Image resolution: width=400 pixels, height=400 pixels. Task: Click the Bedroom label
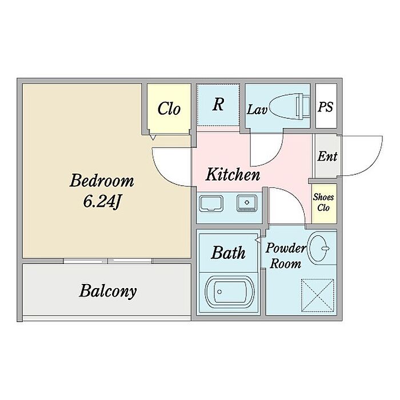click(102, 182)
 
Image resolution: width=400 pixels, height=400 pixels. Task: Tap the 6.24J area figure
click(102, 201)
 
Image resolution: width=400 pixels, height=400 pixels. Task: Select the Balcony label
click(108, 291)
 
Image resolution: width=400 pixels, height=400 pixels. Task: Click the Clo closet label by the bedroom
click(169, 109)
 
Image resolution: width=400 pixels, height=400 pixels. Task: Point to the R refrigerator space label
click(218, 105)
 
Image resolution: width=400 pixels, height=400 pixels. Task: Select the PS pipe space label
click(326, 107)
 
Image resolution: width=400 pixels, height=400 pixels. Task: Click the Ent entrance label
click(327, 156)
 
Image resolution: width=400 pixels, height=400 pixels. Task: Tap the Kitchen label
click(233, 174)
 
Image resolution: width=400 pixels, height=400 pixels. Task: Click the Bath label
click(228, 253)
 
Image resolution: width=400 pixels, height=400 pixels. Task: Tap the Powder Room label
click(286, 256)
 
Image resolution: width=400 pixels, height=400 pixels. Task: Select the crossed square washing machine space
click(317, 294)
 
